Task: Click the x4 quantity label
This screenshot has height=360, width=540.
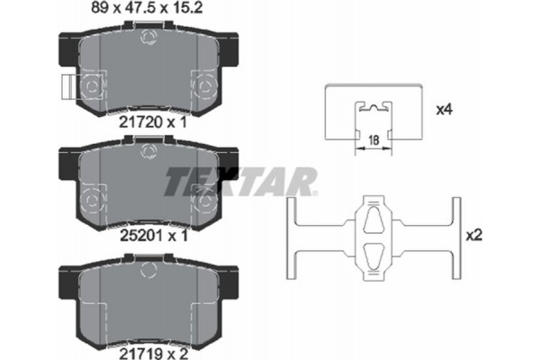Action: [443, 111]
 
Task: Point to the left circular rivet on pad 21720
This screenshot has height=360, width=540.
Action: [94, 88]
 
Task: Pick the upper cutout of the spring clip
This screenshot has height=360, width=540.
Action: [376, 221]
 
